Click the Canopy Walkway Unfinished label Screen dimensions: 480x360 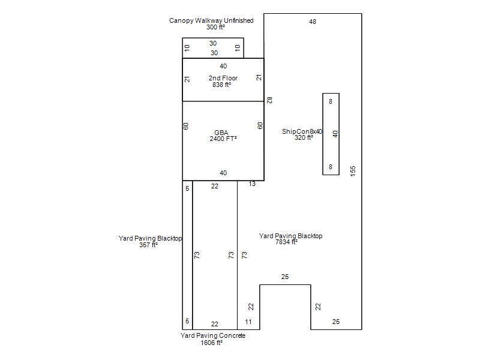point(211,20)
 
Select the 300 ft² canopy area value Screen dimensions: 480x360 point(215,27)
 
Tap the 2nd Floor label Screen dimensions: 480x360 point(223,78)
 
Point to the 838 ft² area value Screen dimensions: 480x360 point(221,85)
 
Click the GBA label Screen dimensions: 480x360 point(221,133)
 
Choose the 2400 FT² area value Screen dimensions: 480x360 point(223,139)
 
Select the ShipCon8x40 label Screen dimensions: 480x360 point(302,131)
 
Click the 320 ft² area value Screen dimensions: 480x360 point(304,138)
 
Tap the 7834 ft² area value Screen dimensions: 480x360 point(287,242)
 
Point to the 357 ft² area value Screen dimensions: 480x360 point(148,245)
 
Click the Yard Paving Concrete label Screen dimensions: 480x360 point(213,335)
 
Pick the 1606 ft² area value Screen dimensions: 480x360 point(212,343)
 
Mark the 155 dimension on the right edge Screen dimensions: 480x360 point(353,171)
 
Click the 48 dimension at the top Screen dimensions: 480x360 point(313,22)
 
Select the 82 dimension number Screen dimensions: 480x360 point(269,100)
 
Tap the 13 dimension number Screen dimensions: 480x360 point(252,184)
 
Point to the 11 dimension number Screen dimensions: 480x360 point(248,322)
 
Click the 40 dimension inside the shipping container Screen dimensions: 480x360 point(335,134)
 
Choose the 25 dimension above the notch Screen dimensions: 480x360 point(285,277)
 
